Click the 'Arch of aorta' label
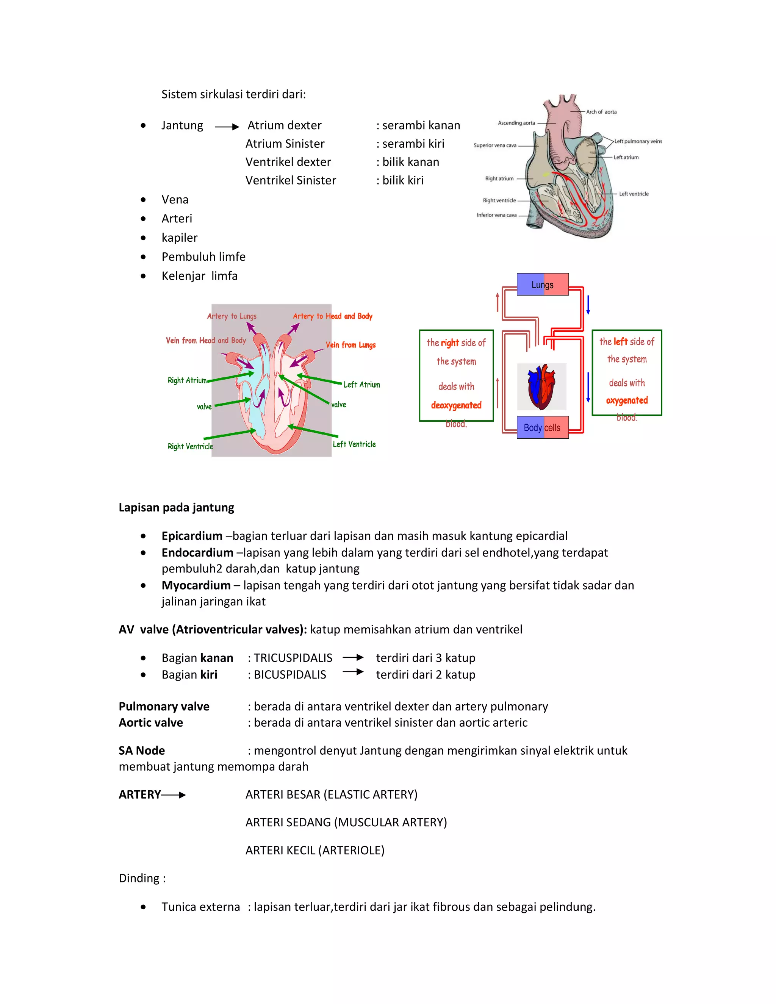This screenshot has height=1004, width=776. pyautogui.click(x=601, y=112)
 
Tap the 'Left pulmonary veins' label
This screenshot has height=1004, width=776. pyautogui.click(x=638, y=141)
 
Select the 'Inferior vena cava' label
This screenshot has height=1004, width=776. pyautogui.click(x=496, y=215)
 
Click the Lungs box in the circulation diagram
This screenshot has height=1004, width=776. pyautogui.click(x=543, y=285)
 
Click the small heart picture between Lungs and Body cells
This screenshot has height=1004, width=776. pyautogui.click(x=541, y=386)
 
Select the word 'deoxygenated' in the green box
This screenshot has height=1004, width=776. pyautogui.click(x=456, y=405)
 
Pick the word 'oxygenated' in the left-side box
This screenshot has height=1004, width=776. pyautogui.click(x=627, y=400)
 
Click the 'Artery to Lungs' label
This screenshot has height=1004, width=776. pyautogui.click(x=232, y=316)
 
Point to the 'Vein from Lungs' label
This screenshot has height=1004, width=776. pyautogui.click(x=351, y=345)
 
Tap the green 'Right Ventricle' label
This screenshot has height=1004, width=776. pyautogui.click(x=190, y=446)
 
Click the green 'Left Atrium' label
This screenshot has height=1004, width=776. pyautogui.click(x=362, y=385)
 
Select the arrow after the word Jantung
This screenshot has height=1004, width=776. pyautogui.click(x=227, y=127)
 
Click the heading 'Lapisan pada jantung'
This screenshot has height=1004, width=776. pyautogui.click(x=177, y=508)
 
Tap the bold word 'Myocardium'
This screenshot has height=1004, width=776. pyautogui.click(x=196, y=585)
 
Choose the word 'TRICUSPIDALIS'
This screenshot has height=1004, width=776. pyautogui.click(x=293, y=658)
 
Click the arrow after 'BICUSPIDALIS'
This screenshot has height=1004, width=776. pyautogui.click(x=353, y=672)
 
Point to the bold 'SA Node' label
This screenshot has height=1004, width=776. pyautogui.click(x=142, y=751)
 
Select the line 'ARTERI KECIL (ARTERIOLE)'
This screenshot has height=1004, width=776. pyautogui.click(x=315, y=851)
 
